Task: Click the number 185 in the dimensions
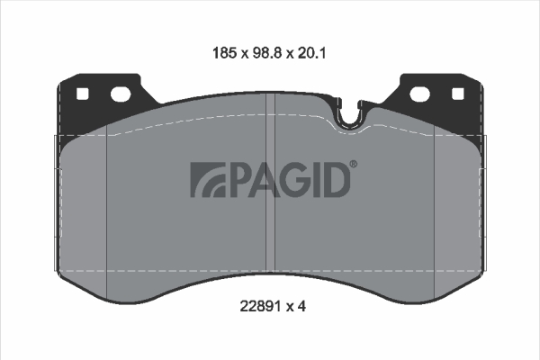pos(224,53)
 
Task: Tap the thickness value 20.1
pos(311,53)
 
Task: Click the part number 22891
pos(260,306)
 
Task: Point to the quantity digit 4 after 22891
pos(302,306)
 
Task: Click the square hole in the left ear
pos(82,94)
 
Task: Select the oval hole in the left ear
pos(121,94)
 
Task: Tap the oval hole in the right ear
pos(420,94)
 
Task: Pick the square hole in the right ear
pos(458,94)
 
